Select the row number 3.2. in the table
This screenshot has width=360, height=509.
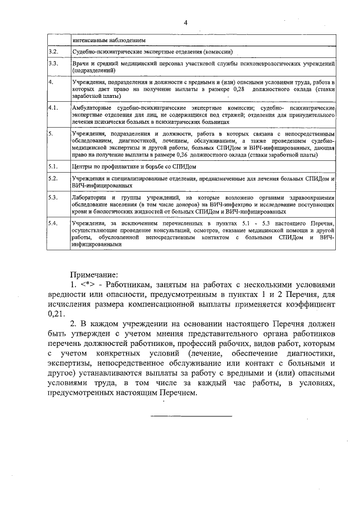click(53, 52)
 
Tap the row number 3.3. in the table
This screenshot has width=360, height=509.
click(53, 64)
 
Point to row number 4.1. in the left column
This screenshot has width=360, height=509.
click(53, 107)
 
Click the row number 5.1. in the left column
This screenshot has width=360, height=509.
click(53, 167)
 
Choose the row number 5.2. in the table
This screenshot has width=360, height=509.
click(53, 179)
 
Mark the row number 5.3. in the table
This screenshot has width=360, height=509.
click(53, 199)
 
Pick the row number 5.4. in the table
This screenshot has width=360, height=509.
click(53, 224)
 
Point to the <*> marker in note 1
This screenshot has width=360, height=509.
click(87, 285)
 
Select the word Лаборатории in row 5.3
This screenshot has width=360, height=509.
click(90, 199)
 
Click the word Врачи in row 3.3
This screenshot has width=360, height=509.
click(80, 64)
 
